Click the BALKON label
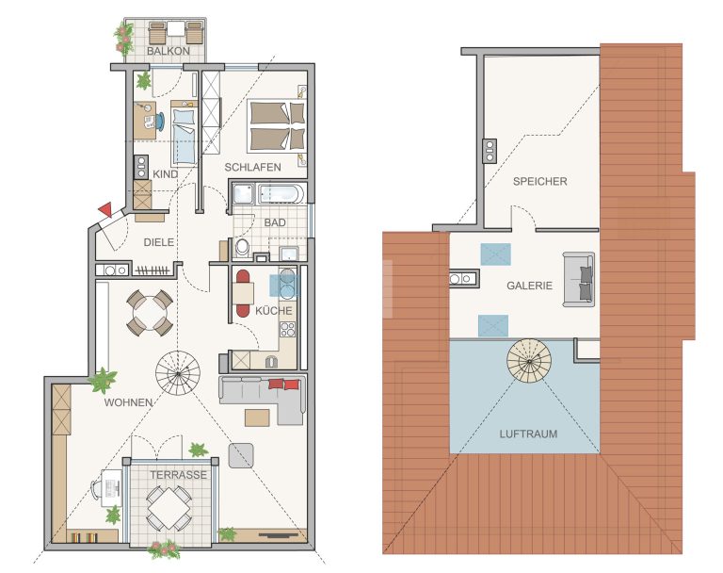(x=169, y=51)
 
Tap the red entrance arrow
(x=105, y=210)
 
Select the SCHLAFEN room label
(x=252, y=167)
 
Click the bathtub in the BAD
(x=281, y=194)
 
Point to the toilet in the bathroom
(x=242, y=248)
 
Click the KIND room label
(x=165, y=174)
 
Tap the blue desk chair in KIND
(x=159, y=121)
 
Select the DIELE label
(x=159, y=242)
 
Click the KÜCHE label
(x=274, y=310)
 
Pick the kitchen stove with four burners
(x=288, y=329)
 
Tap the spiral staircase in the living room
(x=178, y=372)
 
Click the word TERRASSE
(x=179, y=475)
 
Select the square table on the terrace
(x=169, y=508)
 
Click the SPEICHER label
(x=540, y=181)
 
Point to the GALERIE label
(x=529, y=286)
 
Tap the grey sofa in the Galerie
(x=578, y=279)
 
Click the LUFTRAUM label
(x=528, y=434)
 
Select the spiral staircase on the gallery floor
(x=529, y=361)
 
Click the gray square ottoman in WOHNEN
(x=241, y=455)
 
